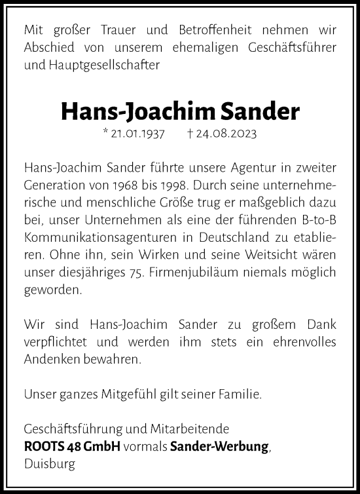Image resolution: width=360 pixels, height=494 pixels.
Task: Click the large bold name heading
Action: coord(180,112)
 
